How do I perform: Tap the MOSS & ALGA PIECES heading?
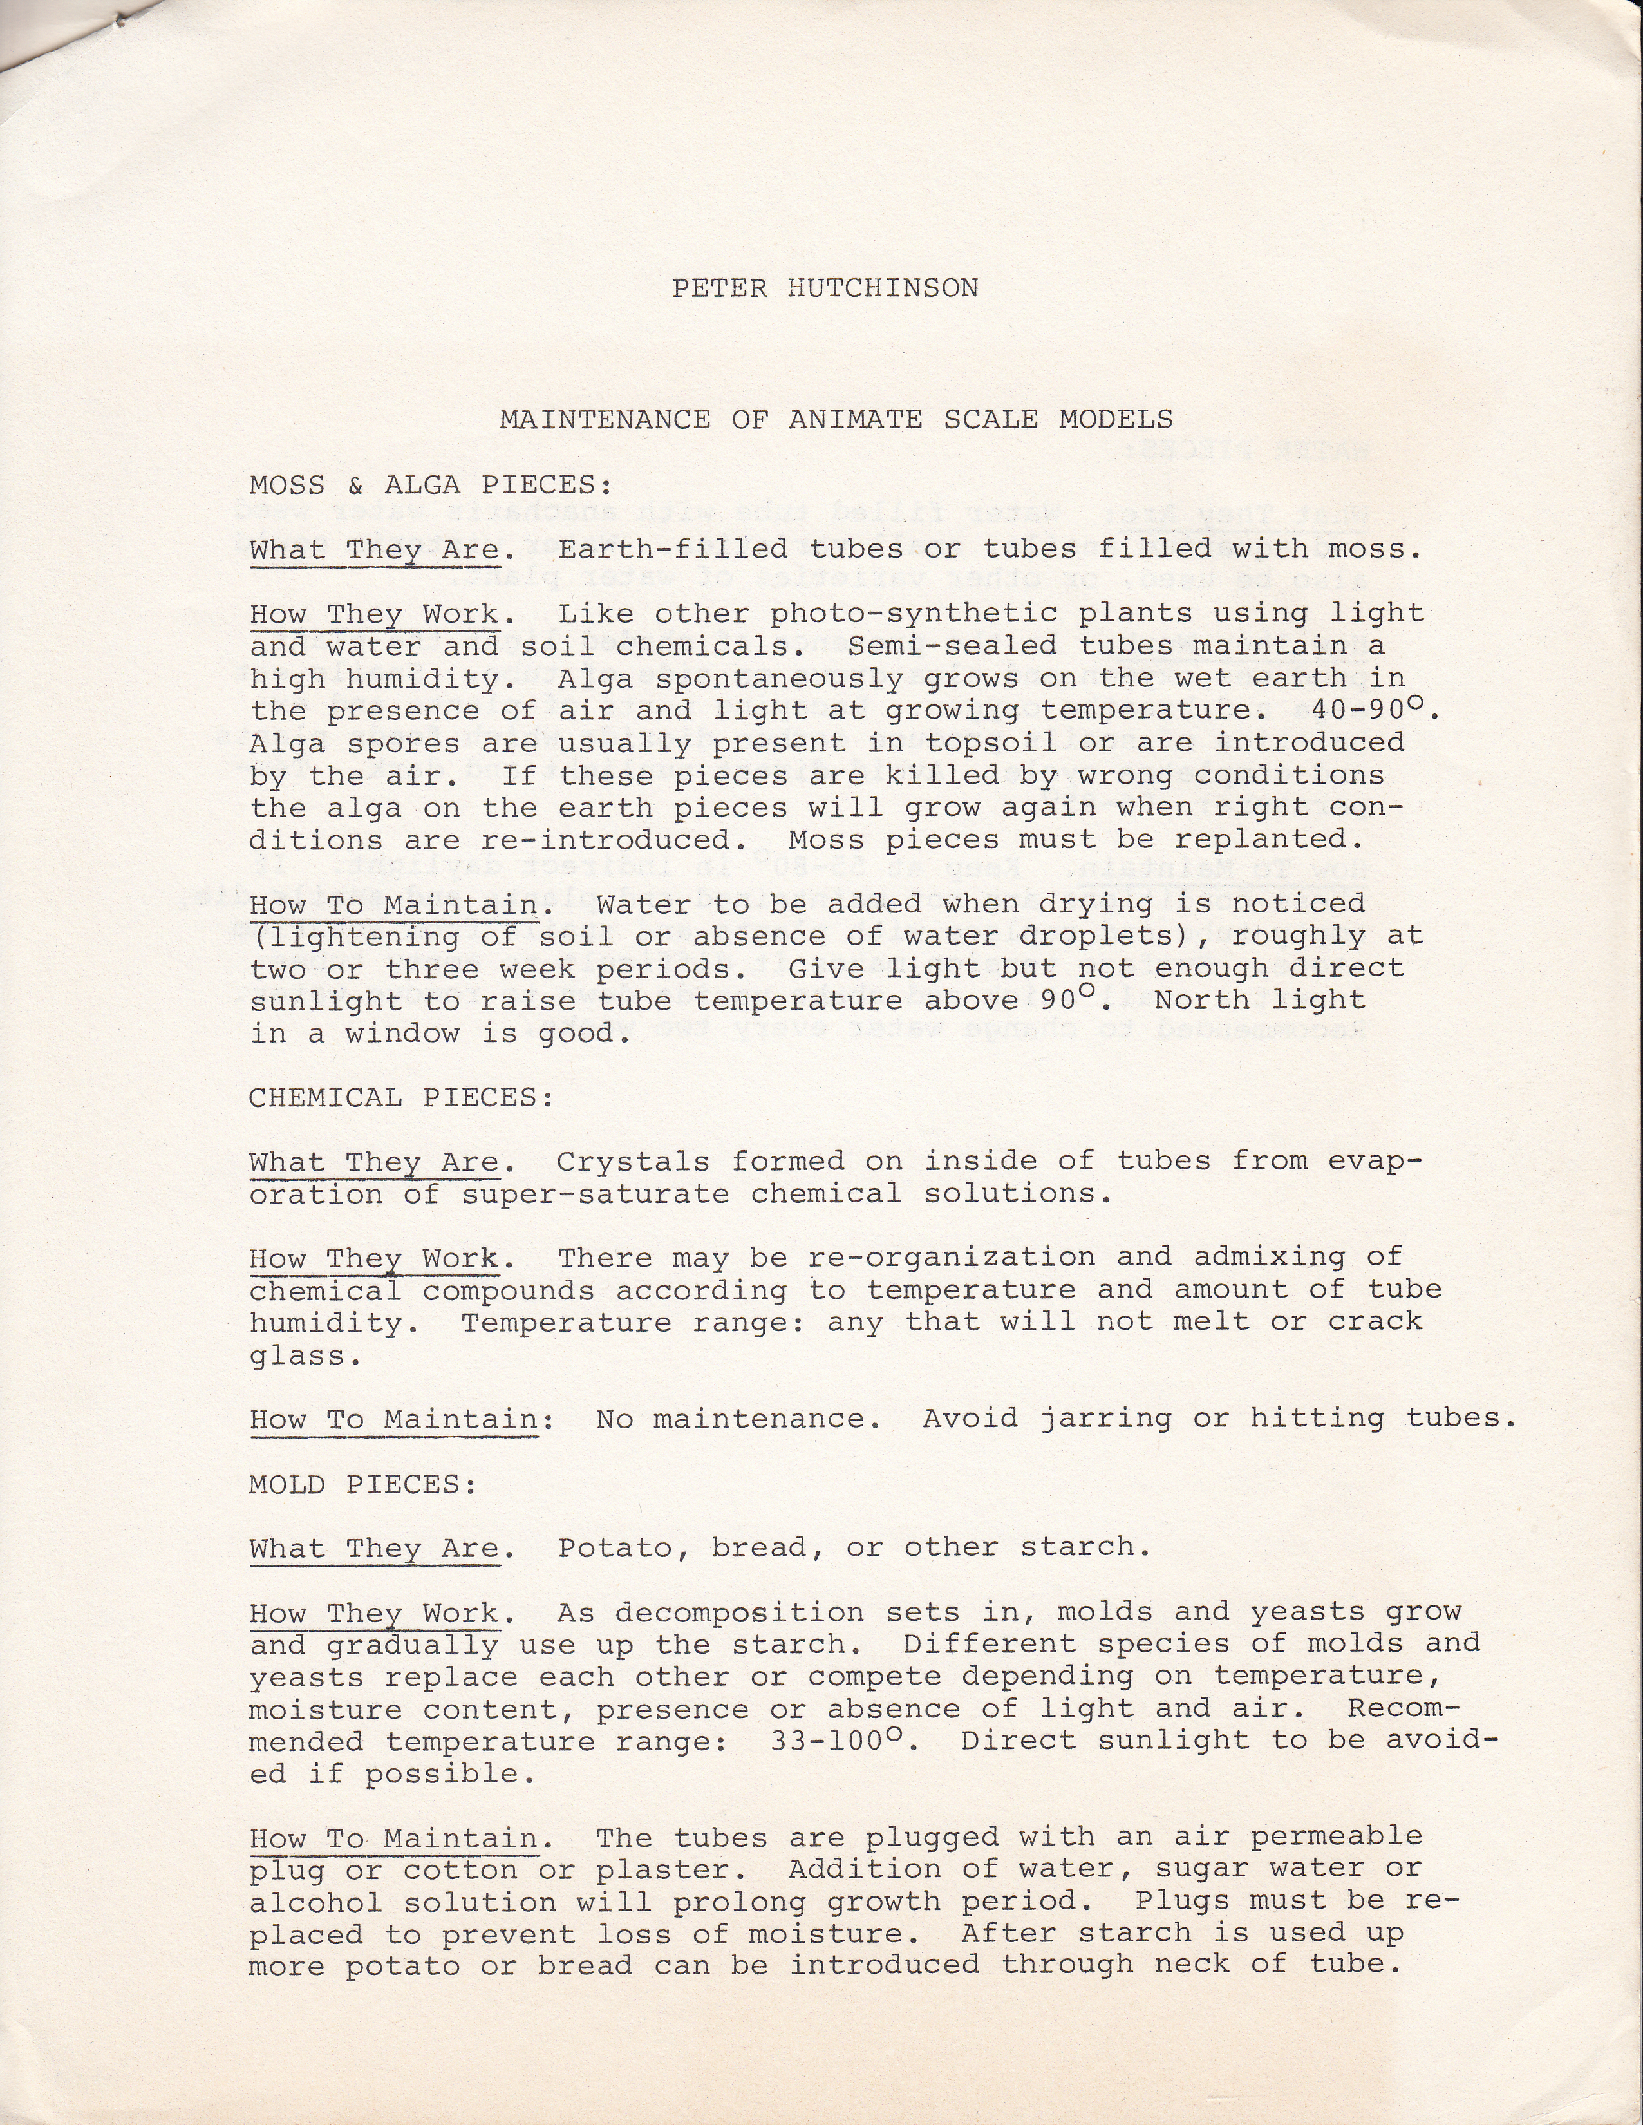(431, 484)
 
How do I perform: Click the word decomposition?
(739, 1612)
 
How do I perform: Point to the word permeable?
(1337, 1837)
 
